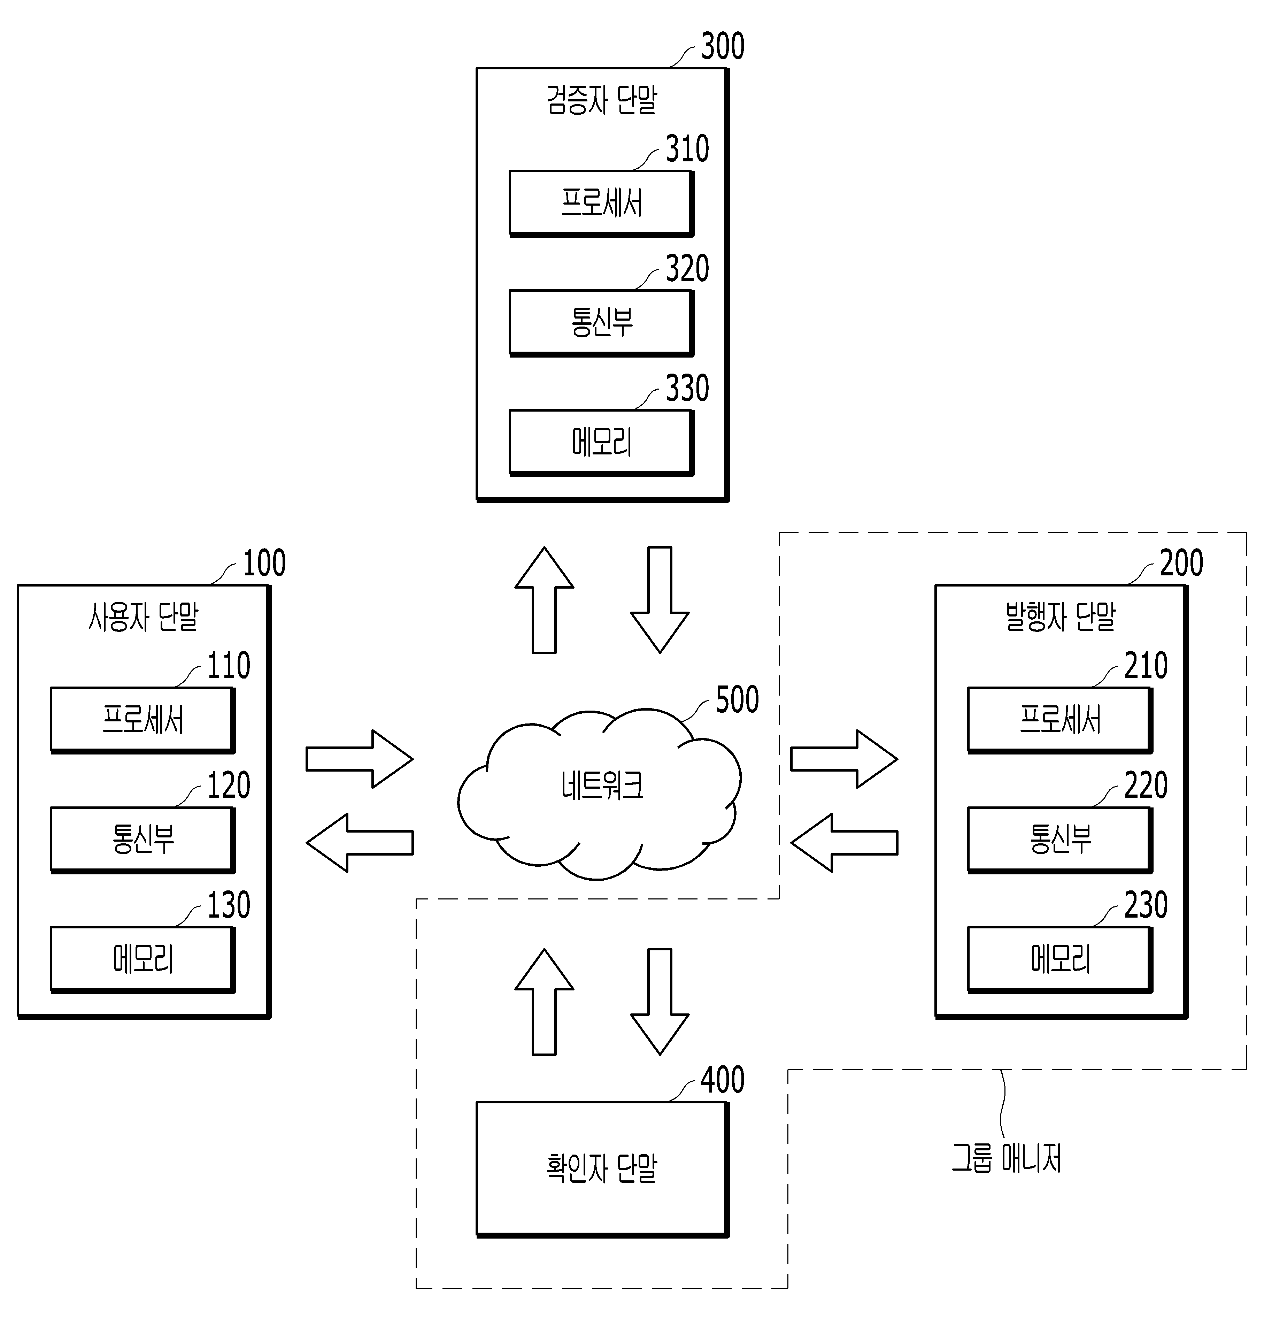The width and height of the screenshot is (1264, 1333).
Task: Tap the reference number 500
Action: click(x=737, y=699)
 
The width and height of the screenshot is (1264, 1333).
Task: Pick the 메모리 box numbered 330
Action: click(x=601, y=443)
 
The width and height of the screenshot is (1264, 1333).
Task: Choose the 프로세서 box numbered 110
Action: click(x=143, y=720)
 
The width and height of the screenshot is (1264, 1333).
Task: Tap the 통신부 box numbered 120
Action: click(x=143, y=840)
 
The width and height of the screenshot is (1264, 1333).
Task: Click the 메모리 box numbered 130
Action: click(x=143, y=960)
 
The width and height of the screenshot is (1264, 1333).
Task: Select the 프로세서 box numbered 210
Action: click(x=1060, y=720)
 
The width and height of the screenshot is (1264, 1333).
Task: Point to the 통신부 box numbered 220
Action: click(x=1060, y=840)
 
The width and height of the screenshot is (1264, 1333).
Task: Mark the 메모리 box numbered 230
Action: click(x=1060, y=960)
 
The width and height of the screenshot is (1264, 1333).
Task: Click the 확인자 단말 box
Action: click(x=602, y=1169)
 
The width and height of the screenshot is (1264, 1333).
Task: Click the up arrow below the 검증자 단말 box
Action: click(x=545, y=600)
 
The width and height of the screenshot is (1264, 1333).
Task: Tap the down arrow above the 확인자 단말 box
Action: click(x=660, y=1002)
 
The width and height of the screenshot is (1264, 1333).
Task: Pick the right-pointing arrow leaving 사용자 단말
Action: click(x=359, y=759)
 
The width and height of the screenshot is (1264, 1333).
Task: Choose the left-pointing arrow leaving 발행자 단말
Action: click(x=843, y=842)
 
